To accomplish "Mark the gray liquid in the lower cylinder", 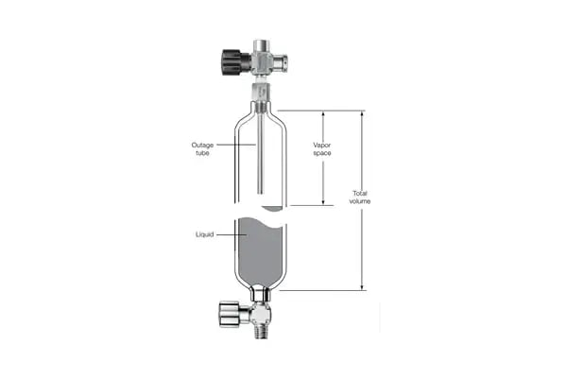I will click(257, 250).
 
